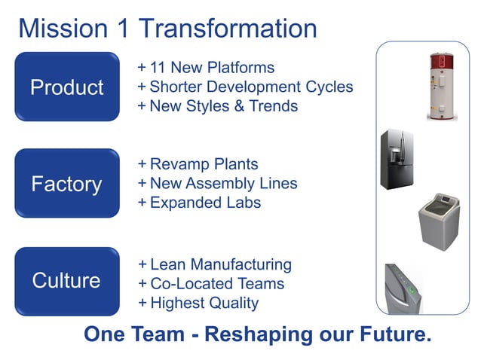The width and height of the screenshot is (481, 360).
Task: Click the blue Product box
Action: pyautogui.click(x=67, y=87)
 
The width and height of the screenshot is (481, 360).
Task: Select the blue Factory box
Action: pyautogui.click(x=67, y=183)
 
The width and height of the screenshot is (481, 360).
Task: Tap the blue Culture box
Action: pyautogui.click(x=67, y=281)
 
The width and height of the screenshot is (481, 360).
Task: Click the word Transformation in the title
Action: pyautogui.click(x=228, y=28)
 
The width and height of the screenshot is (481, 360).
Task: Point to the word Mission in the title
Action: pyautogui.click(x=63, y=28)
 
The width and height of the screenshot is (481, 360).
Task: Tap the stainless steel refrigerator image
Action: pyautogui.click(x=396, y=159)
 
